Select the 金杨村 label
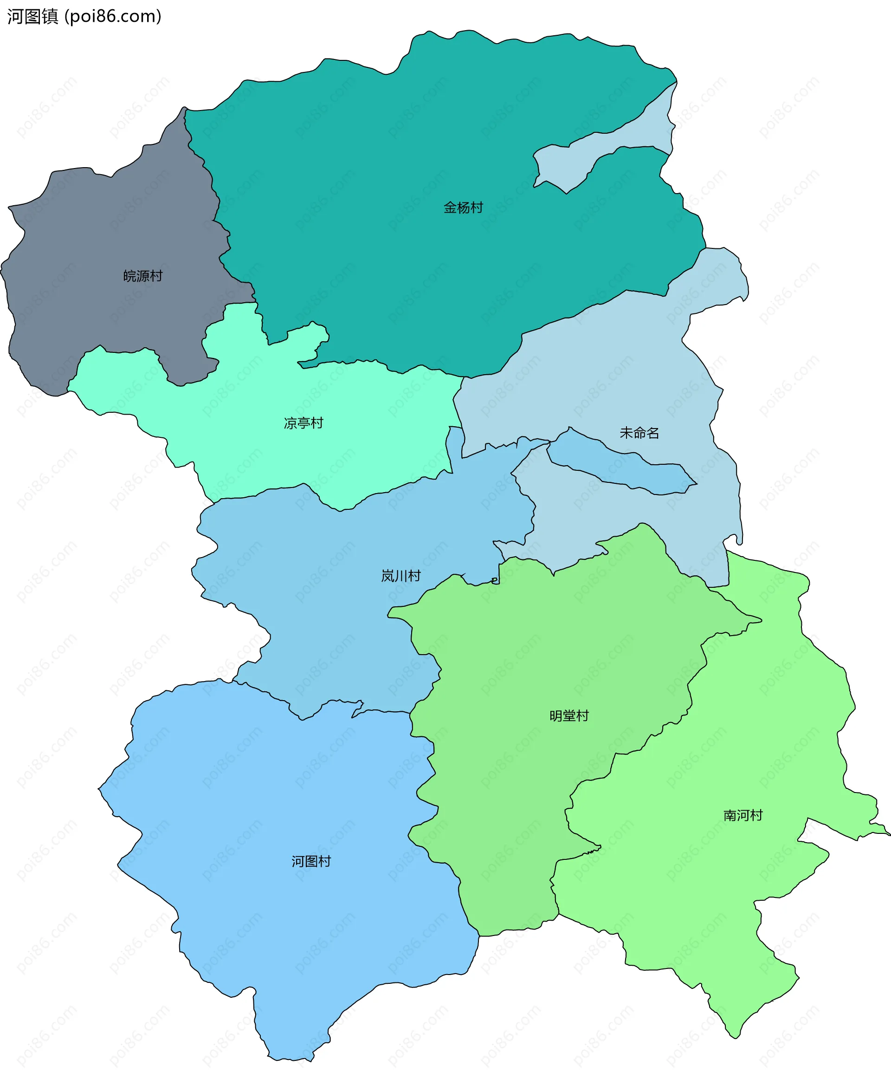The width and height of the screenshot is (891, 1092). coord(463,208)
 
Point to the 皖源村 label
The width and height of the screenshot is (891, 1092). coord(142,276)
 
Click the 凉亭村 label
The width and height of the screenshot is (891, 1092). coord(303,423)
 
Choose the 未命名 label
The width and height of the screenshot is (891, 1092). coord(639,433)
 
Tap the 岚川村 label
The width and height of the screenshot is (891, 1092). coord(401,576)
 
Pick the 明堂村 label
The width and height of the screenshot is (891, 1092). coord(568,715)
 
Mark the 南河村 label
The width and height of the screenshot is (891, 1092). coord(742,815)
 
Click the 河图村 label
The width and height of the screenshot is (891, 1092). coord(311,861)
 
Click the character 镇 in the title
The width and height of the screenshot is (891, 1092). coord(50,16)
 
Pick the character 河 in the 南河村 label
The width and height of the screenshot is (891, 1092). coord(742,815)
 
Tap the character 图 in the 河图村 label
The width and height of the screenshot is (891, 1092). coord(311,861)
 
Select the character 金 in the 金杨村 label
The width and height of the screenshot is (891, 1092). coord(450,208)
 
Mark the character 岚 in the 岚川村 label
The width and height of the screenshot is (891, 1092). coord(387,576)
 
